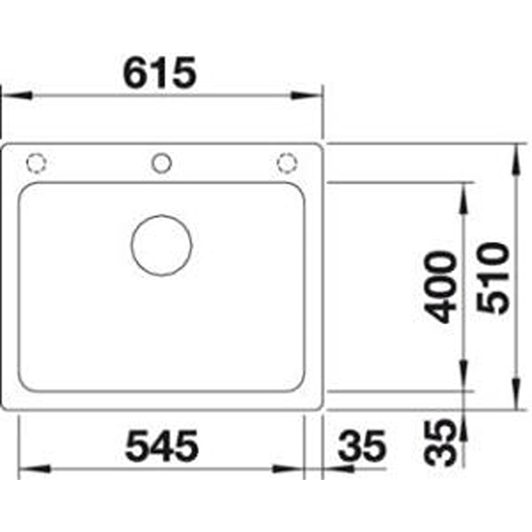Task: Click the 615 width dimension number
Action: click(x=160, y=72)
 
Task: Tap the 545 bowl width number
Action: click(x=162, y=446)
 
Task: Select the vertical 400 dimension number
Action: click(x=440, y=287)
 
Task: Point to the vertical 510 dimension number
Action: click(x=493, y=278)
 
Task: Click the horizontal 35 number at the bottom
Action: click(x=362, y=446)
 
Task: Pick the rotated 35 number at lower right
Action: click(x=440, y=443)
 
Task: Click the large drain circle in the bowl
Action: click(x=162, y=245)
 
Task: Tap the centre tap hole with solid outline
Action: click(x=162, y=163)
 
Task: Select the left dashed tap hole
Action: click(x=36, y=163)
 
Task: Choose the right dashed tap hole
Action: click(x=287, y=163)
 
